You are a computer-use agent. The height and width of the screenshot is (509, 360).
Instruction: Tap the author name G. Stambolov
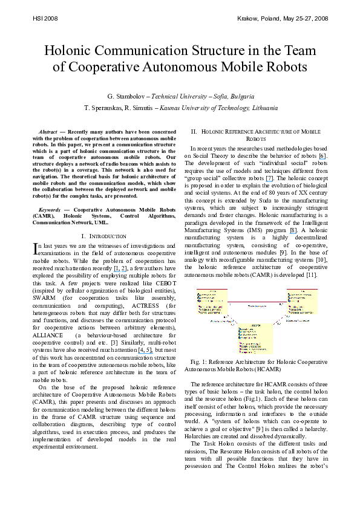(x=127, y=96)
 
